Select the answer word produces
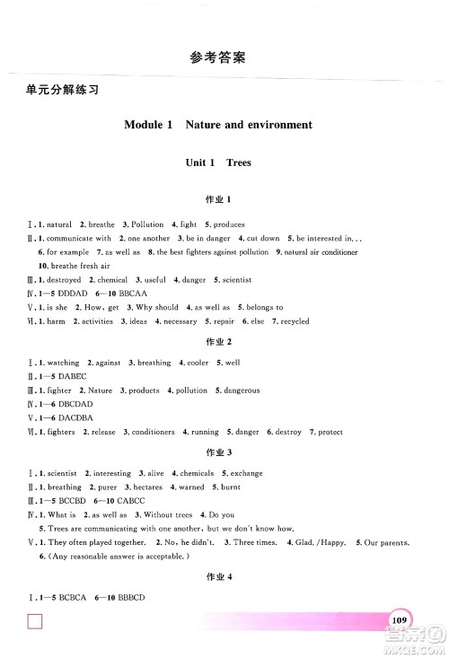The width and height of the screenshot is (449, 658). coord(227,224)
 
